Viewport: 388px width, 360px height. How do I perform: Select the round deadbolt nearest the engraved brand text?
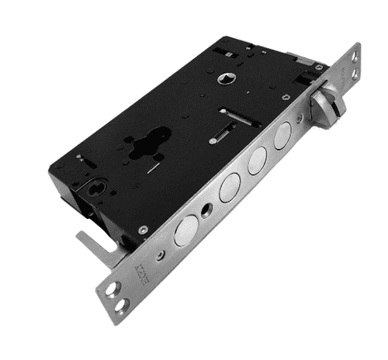click(x=186, y=231)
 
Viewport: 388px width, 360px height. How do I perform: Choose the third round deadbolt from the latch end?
click(x=230, y=188)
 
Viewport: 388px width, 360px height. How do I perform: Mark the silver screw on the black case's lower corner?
click(x=142, y=230)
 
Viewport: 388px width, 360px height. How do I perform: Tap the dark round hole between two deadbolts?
click(x=206, y=211)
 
